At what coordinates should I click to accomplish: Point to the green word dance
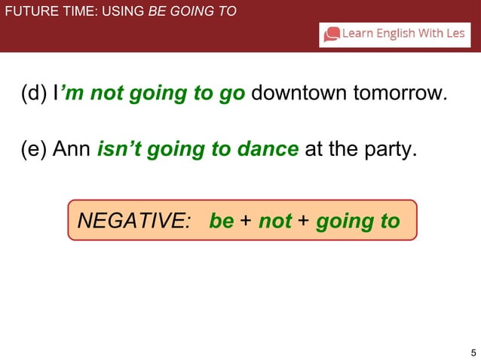coord(268,149)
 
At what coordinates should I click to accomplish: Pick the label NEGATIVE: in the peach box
coord(134,221)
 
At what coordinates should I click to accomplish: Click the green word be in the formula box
coord(221,221)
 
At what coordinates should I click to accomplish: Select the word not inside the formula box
coord(274,221)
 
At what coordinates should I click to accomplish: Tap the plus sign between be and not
coord(246,221)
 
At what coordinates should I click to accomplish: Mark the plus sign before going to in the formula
coord(303,221)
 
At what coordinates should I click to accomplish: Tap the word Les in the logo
coord(455,34)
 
